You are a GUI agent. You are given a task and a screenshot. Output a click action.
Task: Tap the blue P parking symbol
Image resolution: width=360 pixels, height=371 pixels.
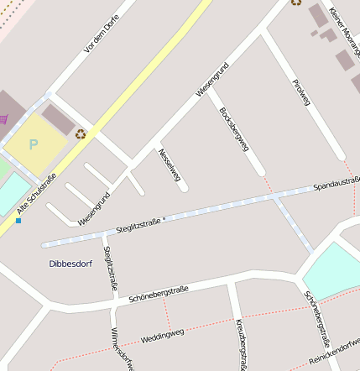tap(34, 144)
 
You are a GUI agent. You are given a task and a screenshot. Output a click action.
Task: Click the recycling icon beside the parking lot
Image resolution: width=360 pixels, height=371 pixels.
tap(81, 133)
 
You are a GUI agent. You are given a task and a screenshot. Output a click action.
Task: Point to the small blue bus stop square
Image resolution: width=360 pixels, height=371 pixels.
tap(18, 221)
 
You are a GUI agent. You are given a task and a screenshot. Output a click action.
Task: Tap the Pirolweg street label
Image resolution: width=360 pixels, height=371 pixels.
tap(300, 89)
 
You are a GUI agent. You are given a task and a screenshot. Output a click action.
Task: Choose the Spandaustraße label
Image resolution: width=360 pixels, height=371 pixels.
tap(336, 182)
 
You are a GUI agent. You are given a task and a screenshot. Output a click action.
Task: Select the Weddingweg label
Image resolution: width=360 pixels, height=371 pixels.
tap(162, 335)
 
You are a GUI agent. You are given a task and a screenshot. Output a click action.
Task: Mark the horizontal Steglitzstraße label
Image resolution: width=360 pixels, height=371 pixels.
tap(138, 223)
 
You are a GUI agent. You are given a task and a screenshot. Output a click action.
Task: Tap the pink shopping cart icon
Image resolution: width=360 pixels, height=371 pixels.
tap(4, 118)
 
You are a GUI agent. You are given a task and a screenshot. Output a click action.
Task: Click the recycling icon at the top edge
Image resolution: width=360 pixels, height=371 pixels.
tap(296, 3)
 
